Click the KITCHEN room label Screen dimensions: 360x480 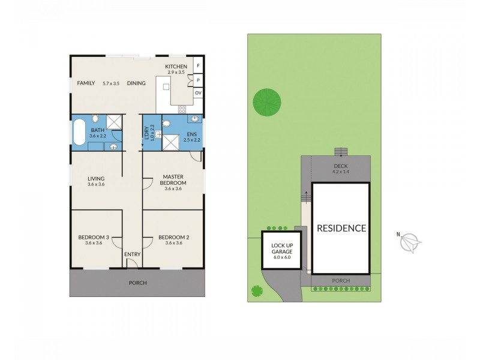176,67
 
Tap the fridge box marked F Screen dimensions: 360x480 197,66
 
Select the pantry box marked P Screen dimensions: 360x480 197,80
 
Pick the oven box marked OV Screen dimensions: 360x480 197,92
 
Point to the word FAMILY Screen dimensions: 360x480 86,83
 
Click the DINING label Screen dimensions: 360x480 136,83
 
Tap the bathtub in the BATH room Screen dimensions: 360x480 79,132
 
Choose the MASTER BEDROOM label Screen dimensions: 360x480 173,179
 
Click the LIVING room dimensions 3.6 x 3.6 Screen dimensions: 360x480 96,184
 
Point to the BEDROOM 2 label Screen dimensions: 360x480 173,238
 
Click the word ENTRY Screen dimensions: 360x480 132,254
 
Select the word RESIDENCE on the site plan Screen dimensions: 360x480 341,228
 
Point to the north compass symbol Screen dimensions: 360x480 411,241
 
